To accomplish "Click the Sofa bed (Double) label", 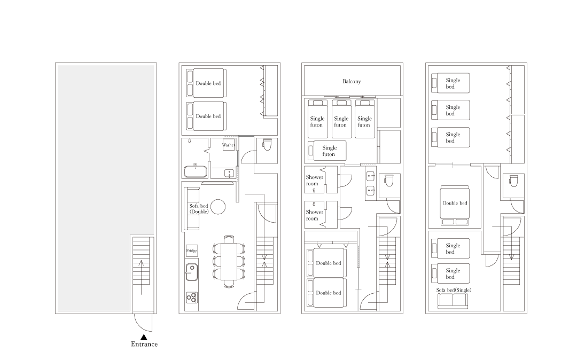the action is coord(199,209).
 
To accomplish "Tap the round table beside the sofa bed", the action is coord(217,207).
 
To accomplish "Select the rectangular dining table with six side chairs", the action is coord(229,262).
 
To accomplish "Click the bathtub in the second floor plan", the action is coord(195,171).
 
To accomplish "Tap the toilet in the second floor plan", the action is coord(267,144).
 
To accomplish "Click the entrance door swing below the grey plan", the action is coord(143,322).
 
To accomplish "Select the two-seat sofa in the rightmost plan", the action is coord(453,300).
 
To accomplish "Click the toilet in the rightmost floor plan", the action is coord(513,182).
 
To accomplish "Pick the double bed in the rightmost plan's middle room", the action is coord(455,205).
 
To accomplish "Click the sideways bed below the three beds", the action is coord(327,151).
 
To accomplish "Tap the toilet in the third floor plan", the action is coord(389,182).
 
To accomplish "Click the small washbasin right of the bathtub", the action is coord(229,173).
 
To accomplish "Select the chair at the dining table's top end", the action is coord(229,238).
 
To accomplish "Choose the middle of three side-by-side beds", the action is coord(341,119).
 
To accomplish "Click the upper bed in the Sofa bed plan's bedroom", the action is coord(206,83).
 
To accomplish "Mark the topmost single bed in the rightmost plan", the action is coord(450,83).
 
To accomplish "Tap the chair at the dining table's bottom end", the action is coord(229,285).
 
